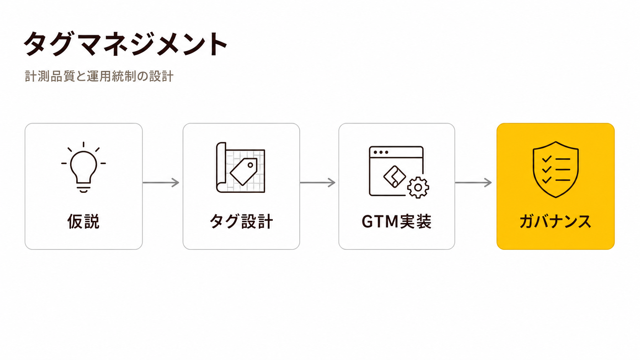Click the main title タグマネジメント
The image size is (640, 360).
tap(126, 44)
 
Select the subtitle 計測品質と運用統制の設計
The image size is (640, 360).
tap(99, 76)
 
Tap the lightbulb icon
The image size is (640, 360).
tap(83, 167)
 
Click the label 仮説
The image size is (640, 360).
tap(83, 221)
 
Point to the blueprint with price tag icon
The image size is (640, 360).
tap(240, 167)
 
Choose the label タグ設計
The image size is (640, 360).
tap(242, 221)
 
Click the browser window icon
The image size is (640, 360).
tap(396, 171)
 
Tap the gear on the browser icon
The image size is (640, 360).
tap(418, 187)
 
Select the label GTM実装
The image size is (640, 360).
tap(397, 221)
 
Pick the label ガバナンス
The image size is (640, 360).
tap(555, 222)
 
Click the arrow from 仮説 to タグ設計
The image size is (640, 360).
tap(161, 182)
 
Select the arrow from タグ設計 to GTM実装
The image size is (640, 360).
tap(317, 182)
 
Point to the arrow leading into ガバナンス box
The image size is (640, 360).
tap(473, 182)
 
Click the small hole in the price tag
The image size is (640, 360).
tap(250, 165)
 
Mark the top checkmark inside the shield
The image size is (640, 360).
tap(547, 159)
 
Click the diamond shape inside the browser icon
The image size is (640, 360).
tap(395, 176)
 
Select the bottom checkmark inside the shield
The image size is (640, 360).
tap(547, 180)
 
